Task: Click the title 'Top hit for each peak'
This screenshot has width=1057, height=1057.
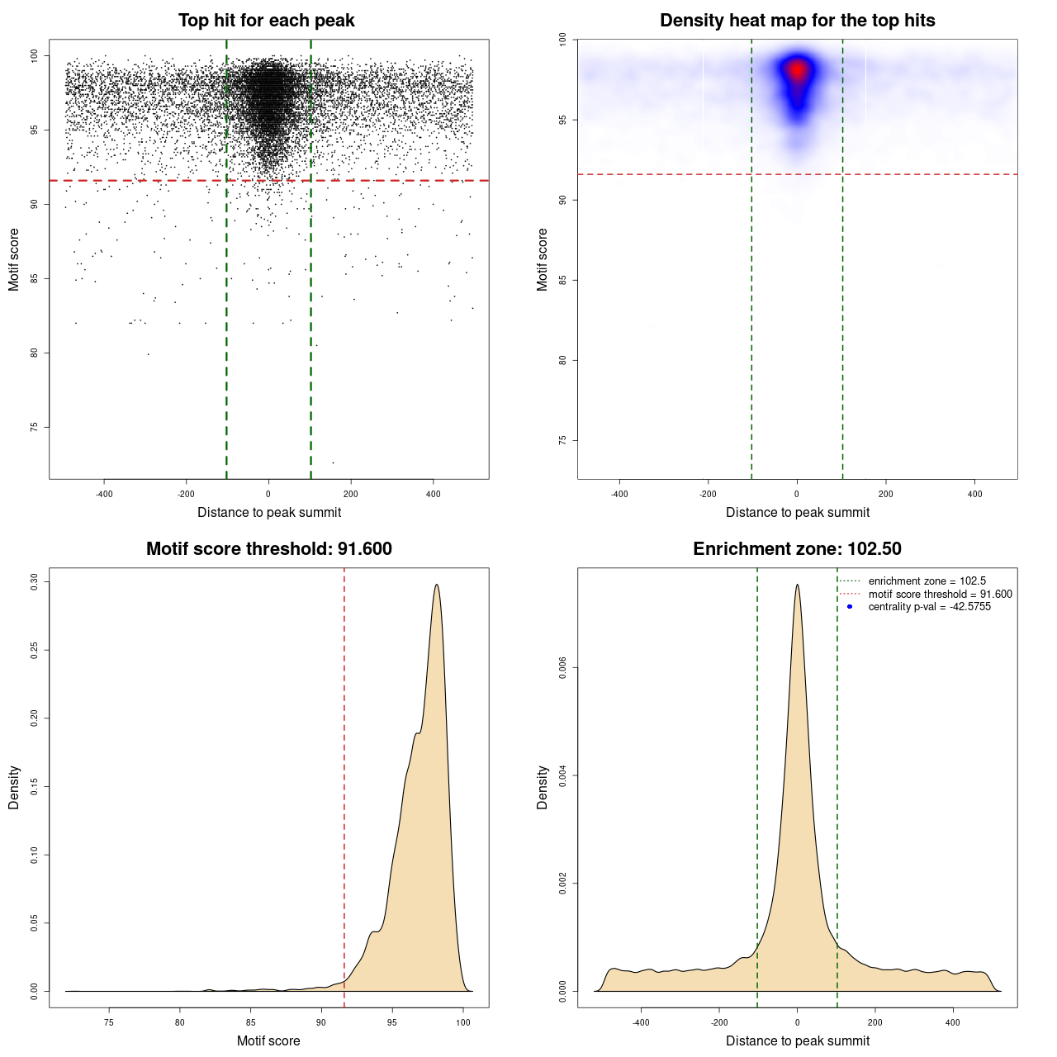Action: click(266, 21)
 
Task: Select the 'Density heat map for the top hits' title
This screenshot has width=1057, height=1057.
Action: click(797, 21)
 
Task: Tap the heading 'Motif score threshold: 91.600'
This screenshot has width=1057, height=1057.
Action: click(268, 549)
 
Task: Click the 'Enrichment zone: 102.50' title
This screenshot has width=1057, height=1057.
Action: click(797, 549)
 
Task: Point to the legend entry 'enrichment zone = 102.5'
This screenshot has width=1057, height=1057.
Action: click(927, 581)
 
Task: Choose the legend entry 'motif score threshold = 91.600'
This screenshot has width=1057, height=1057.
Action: click(940, 595)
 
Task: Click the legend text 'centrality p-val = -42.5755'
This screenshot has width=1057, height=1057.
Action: click(929, 607)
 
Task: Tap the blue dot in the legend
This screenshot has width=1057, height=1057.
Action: click(849, 607)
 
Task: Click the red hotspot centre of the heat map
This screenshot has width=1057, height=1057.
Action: click(797, 69)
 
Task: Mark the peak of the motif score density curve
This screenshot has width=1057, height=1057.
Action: click(436, 585)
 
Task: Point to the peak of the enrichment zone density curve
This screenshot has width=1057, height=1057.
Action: click(797, 585)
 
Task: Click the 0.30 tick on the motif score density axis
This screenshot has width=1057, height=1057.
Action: click(34, 582)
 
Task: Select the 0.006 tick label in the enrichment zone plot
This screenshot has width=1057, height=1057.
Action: click(562, 668)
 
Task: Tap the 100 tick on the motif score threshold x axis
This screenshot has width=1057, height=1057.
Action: click(462, 1022)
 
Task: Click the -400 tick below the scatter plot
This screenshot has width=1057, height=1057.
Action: click(104, 494)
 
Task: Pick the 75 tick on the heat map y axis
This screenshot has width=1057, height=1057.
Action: click(562, 440)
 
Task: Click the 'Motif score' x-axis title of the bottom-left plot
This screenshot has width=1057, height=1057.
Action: click(268, 1040)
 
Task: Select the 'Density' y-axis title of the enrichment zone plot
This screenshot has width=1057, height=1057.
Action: click(543, 787)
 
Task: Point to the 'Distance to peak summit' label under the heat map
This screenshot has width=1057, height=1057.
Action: click(797, 512)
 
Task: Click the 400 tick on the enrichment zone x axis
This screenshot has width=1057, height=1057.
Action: click(953, 1022)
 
